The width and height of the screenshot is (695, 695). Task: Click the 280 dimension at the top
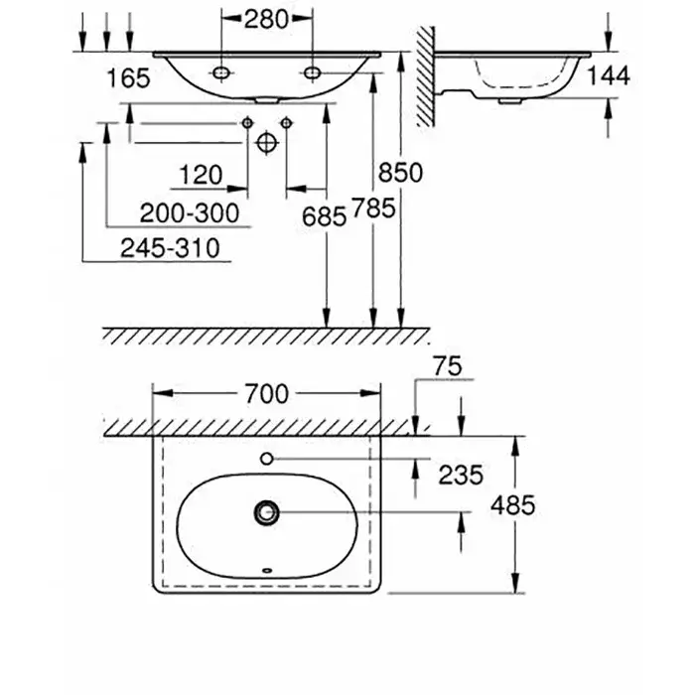point(265,18)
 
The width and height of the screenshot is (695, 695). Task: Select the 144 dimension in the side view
point(609,77)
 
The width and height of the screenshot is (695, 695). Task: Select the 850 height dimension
point(401,173)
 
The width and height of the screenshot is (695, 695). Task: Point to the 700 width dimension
point(265,394)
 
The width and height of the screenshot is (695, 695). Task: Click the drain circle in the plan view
point(266,512)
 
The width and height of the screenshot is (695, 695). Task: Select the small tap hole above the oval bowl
point(266,459)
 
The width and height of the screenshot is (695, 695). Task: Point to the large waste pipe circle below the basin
point(265,141)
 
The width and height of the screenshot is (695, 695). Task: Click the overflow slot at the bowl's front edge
point(265,571)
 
